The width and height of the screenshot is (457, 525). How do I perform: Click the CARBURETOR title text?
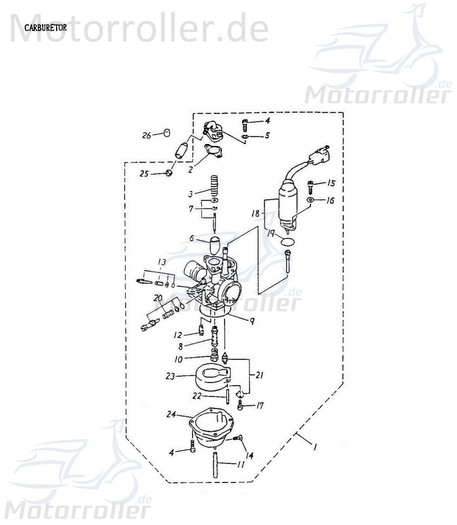pyautogui.click(x=45, y=28)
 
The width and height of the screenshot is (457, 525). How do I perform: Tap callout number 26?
pyautogui.click(x=146, y=136)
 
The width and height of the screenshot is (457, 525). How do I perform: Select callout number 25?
pyautogui.click(x=144, y=174)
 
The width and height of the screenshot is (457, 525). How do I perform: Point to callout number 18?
pyautogui.click(x=255, y=213)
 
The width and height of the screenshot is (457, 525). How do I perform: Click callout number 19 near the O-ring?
pyautogui.click(x=271, y=233)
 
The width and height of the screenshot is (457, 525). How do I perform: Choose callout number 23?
pyautogui.click(x=171, y=376)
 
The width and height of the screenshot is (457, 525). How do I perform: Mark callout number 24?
pyautogui.click(x=171, y=414)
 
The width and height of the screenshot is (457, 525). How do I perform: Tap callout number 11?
pyautogui.click(x=241, y=464)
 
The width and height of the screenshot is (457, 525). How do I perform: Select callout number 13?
pyautogui.click(x=162, y=262)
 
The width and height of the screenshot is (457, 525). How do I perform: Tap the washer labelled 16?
pyautogui.click(x=310, y=200)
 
